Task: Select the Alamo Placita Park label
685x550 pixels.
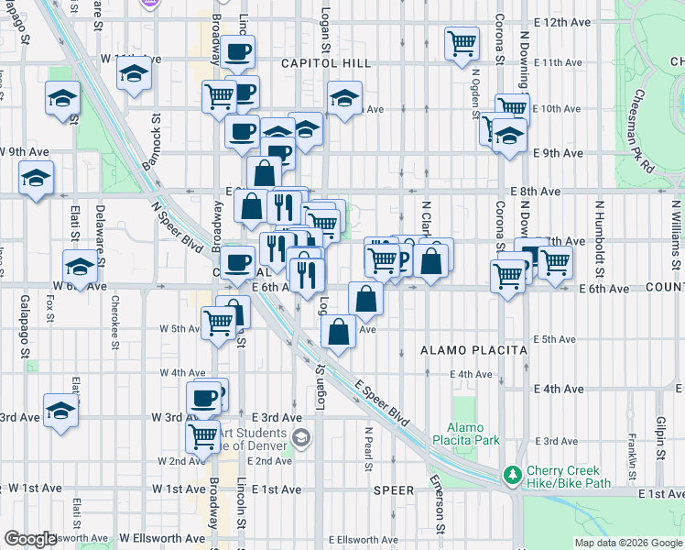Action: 473,434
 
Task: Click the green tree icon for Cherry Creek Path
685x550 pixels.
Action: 513,475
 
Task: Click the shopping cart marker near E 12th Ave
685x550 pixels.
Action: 462,42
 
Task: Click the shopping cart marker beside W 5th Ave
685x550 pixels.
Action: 218,323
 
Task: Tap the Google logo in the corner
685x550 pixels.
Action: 30,539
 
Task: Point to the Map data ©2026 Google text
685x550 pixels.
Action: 627,543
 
